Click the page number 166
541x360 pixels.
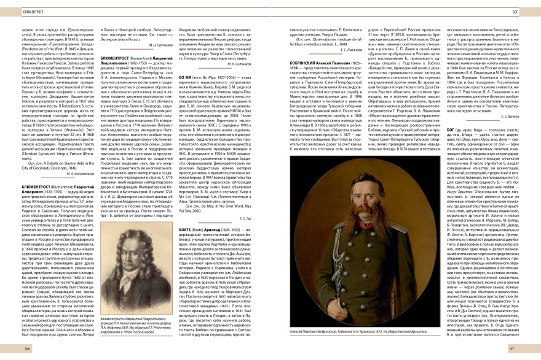(x=28, y=348)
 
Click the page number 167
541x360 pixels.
(x=511, y=348)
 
